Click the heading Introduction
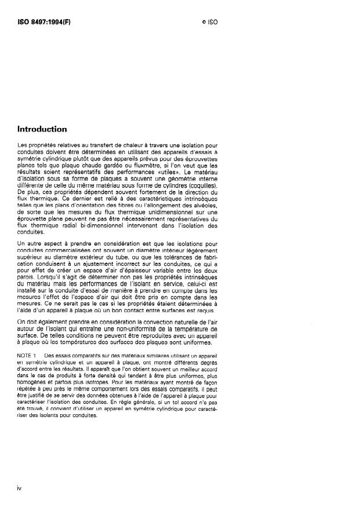[x=42, y=129]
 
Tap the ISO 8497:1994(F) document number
[x=40, y=21]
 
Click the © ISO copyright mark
[x=209, y=21]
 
